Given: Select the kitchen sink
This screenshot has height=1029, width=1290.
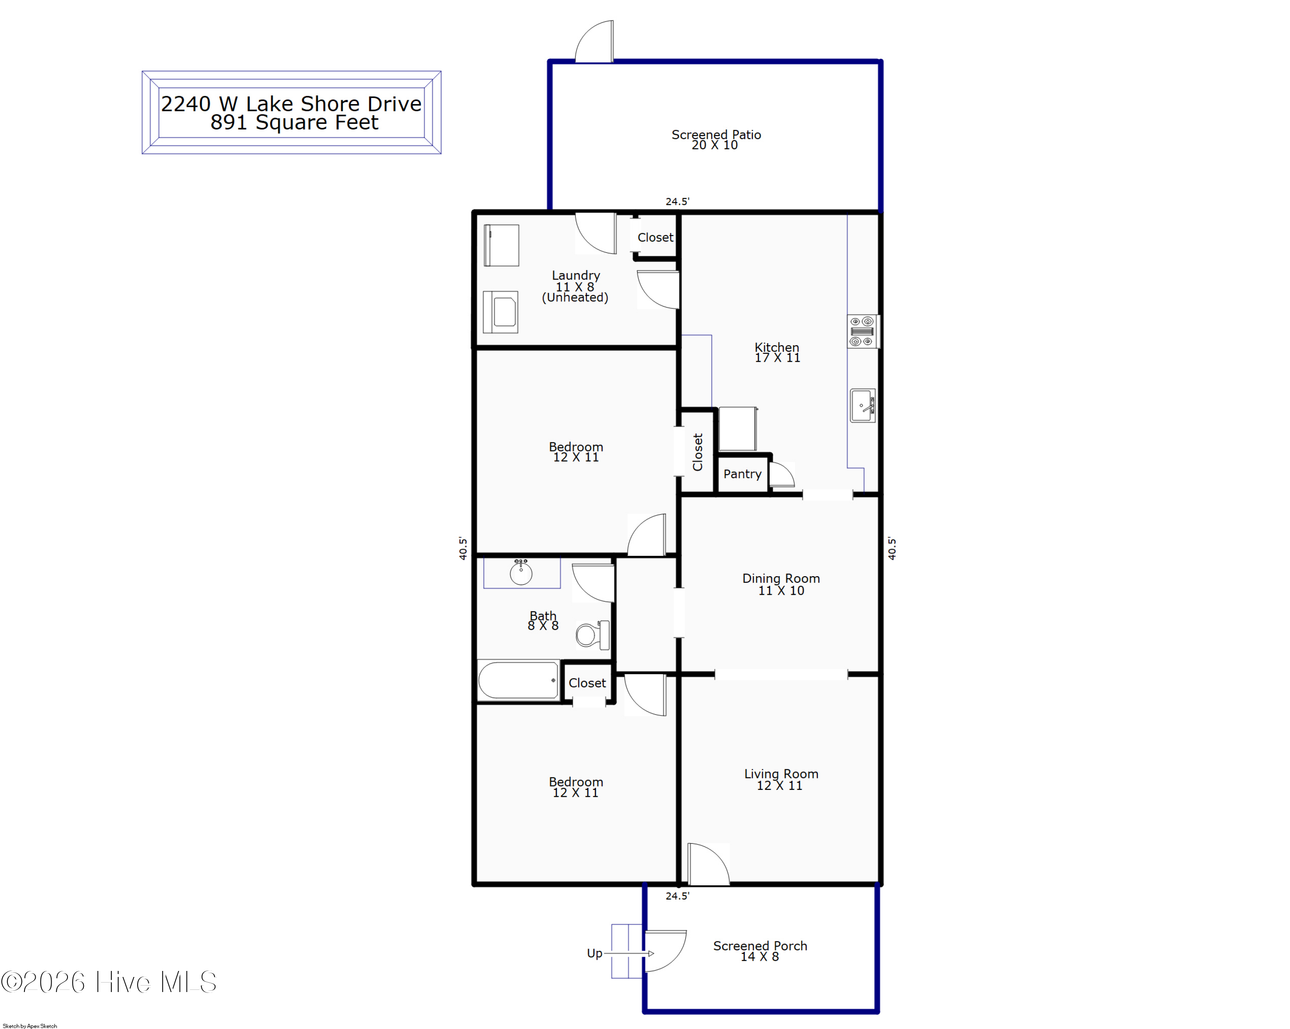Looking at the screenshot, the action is point(862,405).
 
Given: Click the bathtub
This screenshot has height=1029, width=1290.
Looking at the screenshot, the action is point(518,680).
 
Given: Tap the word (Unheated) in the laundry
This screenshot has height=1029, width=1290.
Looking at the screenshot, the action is point(575,297).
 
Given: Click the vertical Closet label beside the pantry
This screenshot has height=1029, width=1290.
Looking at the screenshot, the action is point(697,452).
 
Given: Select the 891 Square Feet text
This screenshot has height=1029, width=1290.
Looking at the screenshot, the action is point(294,122).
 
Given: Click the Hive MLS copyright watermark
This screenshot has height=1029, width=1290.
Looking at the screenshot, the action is point(109,982).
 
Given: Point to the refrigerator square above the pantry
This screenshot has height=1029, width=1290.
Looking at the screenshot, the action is point(738,428).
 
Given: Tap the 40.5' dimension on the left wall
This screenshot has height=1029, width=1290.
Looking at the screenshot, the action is point(463,548).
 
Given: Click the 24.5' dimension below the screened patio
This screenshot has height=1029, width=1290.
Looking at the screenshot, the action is point(677,202).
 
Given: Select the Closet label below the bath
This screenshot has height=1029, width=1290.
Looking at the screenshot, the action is point(587,683).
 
